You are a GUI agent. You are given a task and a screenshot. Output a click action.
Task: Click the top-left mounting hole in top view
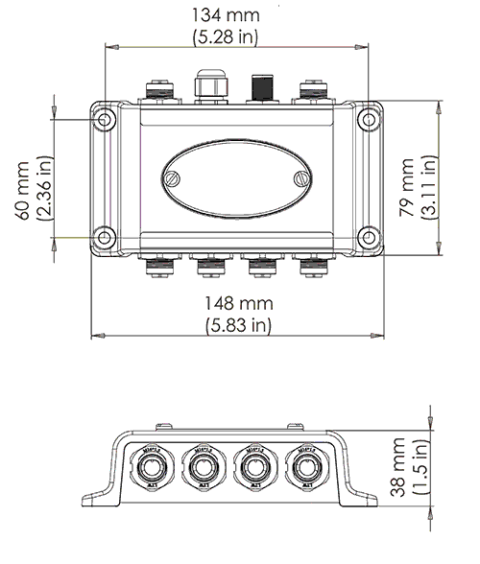[x=105, y=119]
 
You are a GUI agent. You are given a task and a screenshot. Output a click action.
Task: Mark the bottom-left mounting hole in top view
[x=105, y=236]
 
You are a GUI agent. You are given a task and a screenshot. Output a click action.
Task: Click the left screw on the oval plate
[x=173, y=177]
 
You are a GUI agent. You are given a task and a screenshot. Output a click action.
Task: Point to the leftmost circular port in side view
[x=152, y=467]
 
